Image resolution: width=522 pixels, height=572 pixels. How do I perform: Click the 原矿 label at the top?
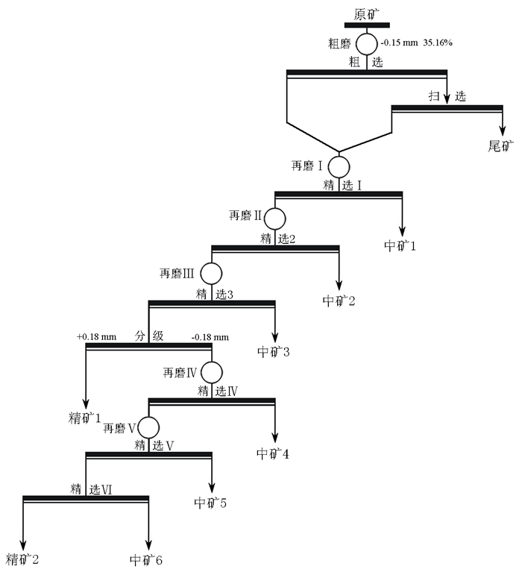click(366, 13)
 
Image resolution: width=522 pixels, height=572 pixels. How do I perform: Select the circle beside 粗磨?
click(366, 43)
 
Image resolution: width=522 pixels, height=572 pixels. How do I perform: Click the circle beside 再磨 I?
click(339, 166)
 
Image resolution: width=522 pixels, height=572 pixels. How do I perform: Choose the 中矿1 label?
click(400, 245)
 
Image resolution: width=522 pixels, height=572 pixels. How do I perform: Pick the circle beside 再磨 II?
click(276, 219)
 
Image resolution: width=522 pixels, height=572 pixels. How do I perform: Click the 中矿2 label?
click(339, 301)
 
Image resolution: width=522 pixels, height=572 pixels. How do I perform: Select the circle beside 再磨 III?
click(212, 274)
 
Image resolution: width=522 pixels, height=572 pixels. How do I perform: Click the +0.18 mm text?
click(97, 337)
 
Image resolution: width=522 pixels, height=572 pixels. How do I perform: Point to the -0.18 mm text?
click(210, 337)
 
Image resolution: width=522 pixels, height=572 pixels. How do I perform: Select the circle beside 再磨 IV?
click(212, 371)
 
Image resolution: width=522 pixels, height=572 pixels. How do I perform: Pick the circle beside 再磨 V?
click(148, 427)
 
